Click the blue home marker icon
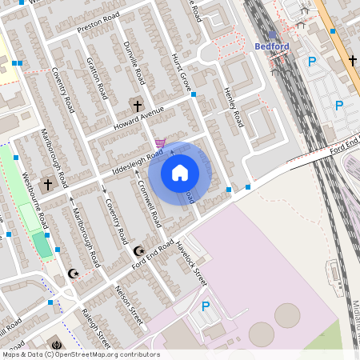(180, 173)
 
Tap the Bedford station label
(271, 46)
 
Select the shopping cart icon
(160, 143)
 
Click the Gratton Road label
(98, 78)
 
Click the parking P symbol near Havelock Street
(206, 306)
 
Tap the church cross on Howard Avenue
(137, 105)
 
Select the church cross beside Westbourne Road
(47, 184)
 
